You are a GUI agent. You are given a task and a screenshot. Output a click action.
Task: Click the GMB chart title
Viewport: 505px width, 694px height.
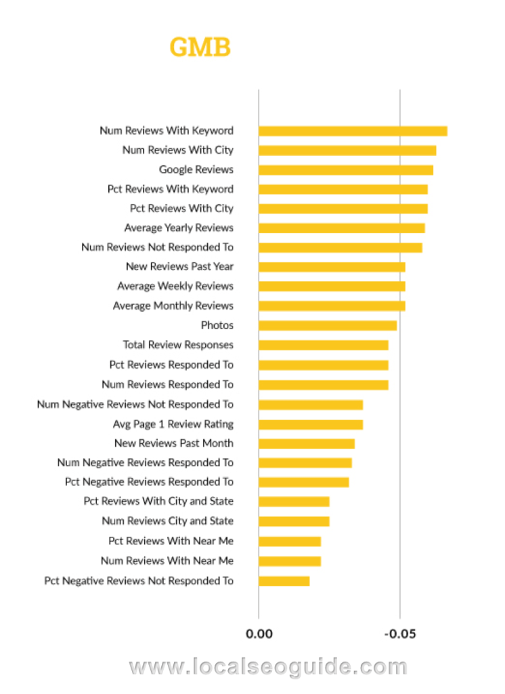point(200,47)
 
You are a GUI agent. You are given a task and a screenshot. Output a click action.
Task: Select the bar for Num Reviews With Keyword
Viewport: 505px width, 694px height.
point(353,131)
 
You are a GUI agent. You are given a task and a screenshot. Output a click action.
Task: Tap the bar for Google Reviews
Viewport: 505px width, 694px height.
point(345,170)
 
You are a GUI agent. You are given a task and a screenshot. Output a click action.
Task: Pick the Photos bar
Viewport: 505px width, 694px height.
point(328,325)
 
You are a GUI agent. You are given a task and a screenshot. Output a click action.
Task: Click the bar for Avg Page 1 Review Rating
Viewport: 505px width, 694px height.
point(311,424)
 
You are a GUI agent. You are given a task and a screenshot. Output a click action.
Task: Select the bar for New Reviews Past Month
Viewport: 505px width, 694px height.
point(307,443)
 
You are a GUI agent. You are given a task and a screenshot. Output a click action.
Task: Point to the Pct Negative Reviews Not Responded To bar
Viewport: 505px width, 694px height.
point(284,581)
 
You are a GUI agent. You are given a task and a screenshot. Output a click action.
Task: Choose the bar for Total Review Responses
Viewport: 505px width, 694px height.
point(323,345)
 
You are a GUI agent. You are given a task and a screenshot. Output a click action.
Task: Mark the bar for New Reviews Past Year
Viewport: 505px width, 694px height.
point(332,267)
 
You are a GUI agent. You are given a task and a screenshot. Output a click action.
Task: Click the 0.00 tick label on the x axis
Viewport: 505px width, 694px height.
point(259,634)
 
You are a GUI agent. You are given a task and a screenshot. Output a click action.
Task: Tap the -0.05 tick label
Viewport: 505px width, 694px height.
point(400,634)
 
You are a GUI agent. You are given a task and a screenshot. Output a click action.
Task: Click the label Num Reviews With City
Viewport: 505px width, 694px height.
point(177,150)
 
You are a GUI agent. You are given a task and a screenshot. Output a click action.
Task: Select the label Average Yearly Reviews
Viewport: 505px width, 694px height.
point(179,228)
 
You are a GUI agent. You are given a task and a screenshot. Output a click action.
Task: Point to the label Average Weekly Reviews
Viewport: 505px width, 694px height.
point(175,286)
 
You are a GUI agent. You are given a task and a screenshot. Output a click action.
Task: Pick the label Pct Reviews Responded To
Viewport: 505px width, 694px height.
point(171,365)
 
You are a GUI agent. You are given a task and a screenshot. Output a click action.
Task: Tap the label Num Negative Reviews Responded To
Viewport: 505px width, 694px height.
point(145,463)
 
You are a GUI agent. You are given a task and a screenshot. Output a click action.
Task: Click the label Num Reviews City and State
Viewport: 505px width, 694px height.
point(167,521)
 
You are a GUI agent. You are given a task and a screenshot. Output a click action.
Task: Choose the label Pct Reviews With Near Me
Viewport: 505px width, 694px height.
point(171,541)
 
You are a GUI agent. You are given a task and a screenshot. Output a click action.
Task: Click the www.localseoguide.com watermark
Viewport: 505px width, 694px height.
point(268,667)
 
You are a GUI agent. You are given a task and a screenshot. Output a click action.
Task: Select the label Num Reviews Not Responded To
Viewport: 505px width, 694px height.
point(157,247)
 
